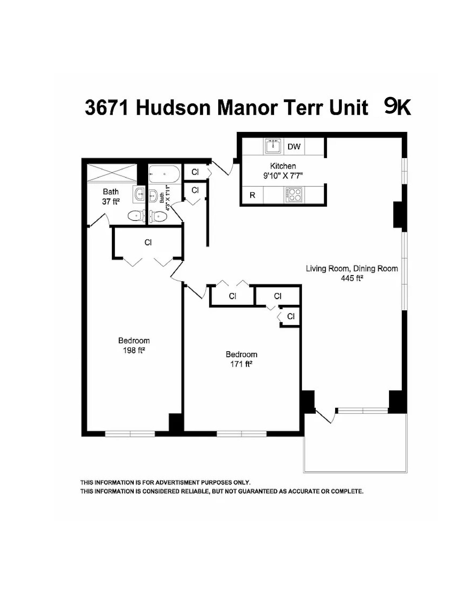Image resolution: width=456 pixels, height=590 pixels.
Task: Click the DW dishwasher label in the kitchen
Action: (x=294, y=146)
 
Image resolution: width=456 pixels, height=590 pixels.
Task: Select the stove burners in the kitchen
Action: (x=294, y=195)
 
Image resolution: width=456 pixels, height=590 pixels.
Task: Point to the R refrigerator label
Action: (x=252, y=195)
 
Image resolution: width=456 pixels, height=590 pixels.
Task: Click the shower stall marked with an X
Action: (x=112, y=172)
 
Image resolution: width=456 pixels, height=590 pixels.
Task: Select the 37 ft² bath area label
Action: (x=111, y=202)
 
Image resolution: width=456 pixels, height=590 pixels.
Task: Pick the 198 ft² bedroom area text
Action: (x=134, y=350)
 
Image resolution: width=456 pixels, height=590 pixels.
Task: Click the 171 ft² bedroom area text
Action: (x=241, y=364)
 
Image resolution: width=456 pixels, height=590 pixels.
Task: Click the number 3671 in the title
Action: (x=107, y=108)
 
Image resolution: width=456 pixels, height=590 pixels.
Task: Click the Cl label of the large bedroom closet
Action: (x=148, y=242)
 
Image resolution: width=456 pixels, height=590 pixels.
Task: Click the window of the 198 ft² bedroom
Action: (x=130, y=434)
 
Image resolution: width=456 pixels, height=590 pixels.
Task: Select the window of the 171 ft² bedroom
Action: (x=242, y=434)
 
